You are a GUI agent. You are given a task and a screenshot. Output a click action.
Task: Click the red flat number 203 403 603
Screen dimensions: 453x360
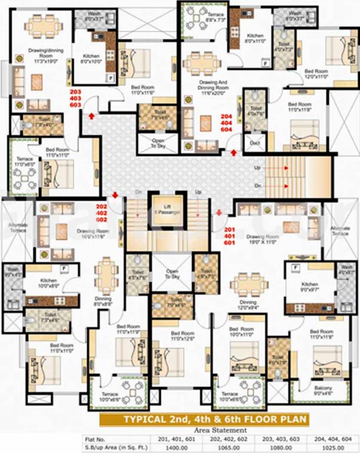click(x=75, y=99)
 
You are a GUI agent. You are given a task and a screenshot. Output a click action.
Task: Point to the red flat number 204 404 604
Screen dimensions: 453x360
click(x=226, y=123)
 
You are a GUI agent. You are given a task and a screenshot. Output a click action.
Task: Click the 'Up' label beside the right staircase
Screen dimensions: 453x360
click(x=257, y=168)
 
